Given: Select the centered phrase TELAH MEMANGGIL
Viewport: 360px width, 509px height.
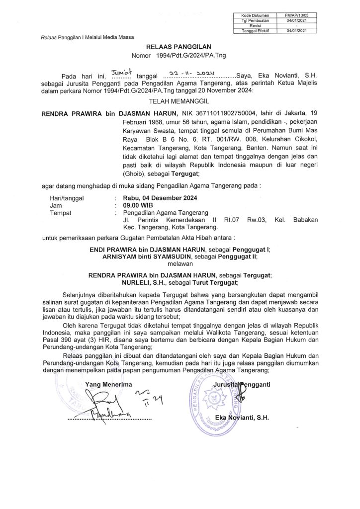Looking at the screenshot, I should [x=179, y=100].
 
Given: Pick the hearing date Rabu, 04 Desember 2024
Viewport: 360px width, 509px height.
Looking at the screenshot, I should [x=157, y=198].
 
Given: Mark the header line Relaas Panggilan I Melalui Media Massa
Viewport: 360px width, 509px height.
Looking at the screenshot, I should [x=84, y=38].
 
